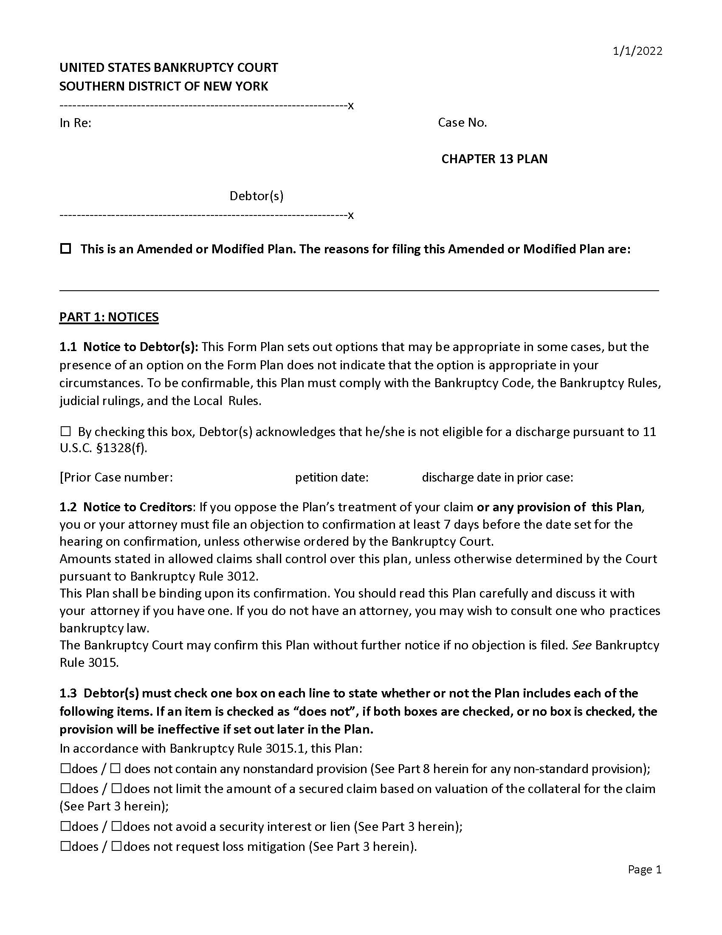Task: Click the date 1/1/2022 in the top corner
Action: tap(637, 51)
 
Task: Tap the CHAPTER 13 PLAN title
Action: tap(494, 159)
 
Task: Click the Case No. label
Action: tap(463, 123)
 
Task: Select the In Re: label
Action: tap(75, 123)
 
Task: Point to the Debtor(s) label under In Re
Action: tap(256, 196)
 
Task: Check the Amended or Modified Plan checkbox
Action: tap(65, 249)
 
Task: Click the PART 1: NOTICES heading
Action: tap(109, 317)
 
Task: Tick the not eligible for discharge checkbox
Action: tap(65, 431)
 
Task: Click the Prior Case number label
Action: tap(117, 477)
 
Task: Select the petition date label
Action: tap(332, 477)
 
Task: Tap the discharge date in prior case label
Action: tap(497, 477)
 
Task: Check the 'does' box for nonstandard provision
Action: tap(65, 769)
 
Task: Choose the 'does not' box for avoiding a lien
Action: tap(116, 826)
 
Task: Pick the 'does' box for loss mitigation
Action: tap(65, 846)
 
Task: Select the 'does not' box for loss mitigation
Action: tap(116, 846)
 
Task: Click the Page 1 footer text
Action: tap(644, 870)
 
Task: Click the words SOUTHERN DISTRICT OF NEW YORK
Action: tap(164, 86)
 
